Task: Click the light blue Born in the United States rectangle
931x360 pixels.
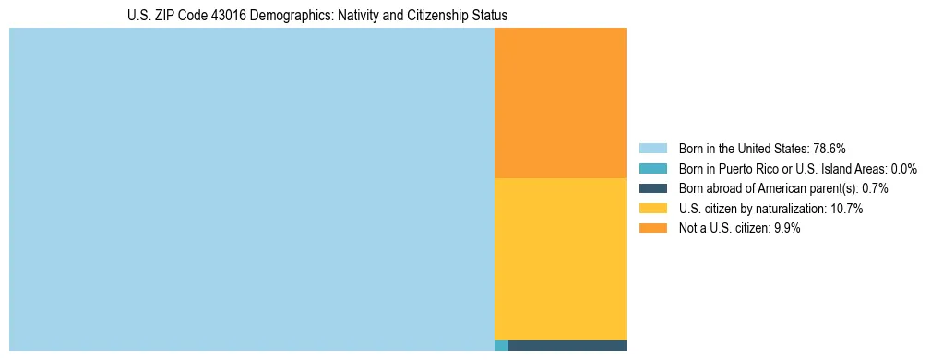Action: [x=251, y=189]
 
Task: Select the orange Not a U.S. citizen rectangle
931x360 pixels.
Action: [x=560, y=102]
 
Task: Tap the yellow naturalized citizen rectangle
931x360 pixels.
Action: [x=560, y=258]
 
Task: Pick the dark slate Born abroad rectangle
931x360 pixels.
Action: [x=567, y=345]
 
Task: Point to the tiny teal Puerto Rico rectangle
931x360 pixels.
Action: [x=501, y=345]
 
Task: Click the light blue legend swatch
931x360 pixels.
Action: [x=652, y=149]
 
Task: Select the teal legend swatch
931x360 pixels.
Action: [x=652, y=169]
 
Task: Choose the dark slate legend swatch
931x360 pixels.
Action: [x=652, y=188]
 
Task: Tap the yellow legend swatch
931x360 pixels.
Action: [x=652, y=209]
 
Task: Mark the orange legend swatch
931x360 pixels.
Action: [x=652, y=229]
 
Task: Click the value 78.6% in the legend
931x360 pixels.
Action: [x=829, y=149]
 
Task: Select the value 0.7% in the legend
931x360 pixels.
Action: [x=877, y=188]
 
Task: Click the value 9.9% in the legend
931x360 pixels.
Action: [x=785, y=229]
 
